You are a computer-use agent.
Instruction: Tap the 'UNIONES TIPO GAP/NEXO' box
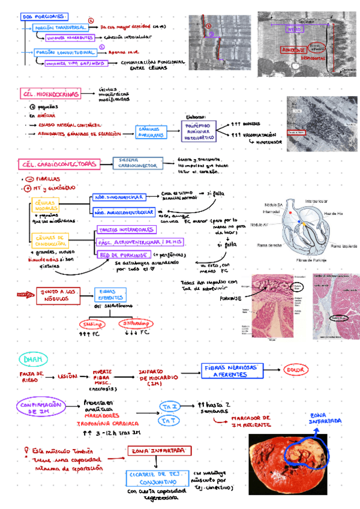coord(75,62)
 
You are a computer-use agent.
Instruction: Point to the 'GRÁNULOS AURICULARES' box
coord(151,132)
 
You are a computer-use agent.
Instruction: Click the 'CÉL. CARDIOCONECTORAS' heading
coord(58,164)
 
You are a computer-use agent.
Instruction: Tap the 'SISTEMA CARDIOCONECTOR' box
coord(136,163)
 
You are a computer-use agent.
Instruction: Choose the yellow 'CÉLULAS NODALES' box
coord(46,206)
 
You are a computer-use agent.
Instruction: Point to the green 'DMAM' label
coord(30,359)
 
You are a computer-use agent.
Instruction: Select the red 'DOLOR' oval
coord(295,370)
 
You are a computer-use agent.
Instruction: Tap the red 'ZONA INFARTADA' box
coord(160,450)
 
